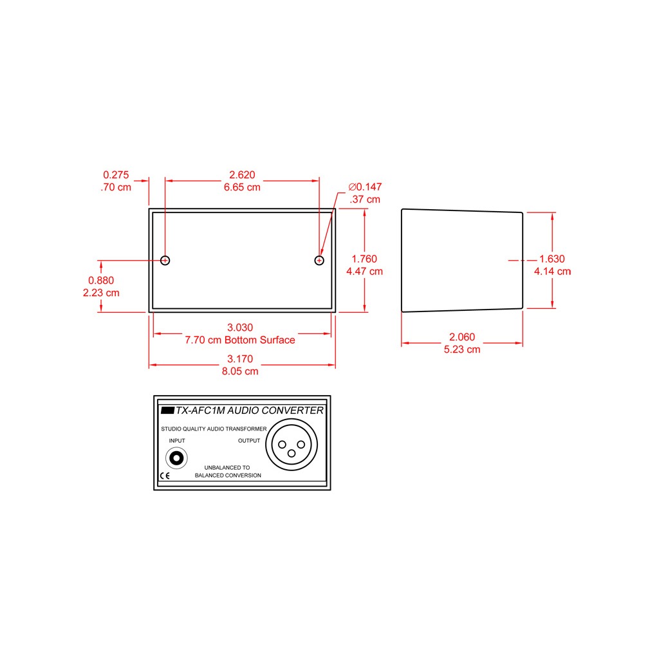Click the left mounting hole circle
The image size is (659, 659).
point(165,256)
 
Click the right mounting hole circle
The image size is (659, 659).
point(319,256)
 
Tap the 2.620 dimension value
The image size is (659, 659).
point(242,175)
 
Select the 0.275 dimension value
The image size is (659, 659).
point(116,175)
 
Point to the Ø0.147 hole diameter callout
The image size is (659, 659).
point(365,187)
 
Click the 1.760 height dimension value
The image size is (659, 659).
point(364,259)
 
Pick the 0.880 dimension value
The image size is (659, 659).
point(101,281)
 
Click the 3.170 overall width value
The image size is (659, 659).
point(240,359)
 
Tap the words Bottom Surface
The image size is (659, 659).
point(260,340)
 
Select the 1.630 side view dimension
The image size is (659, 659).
point(552,259)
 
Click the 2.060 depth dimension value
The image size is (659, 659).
point(462,337)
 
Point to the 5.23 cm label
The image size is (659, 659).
point(462,349)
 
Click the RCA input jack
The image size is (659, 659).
point(176,458)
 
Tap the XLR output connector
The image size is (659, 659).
point(292,444)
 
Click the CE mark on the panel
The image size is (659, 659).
point(165,476)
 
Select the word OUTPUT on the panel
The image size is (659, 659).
point(249,441)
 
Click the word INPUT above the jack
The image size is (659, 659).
point(177,441)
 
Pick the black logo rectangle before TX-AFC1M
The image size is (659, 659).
point(168,410)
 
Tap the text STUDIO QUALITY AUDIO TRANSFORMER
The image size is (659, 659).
point(214,429)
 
